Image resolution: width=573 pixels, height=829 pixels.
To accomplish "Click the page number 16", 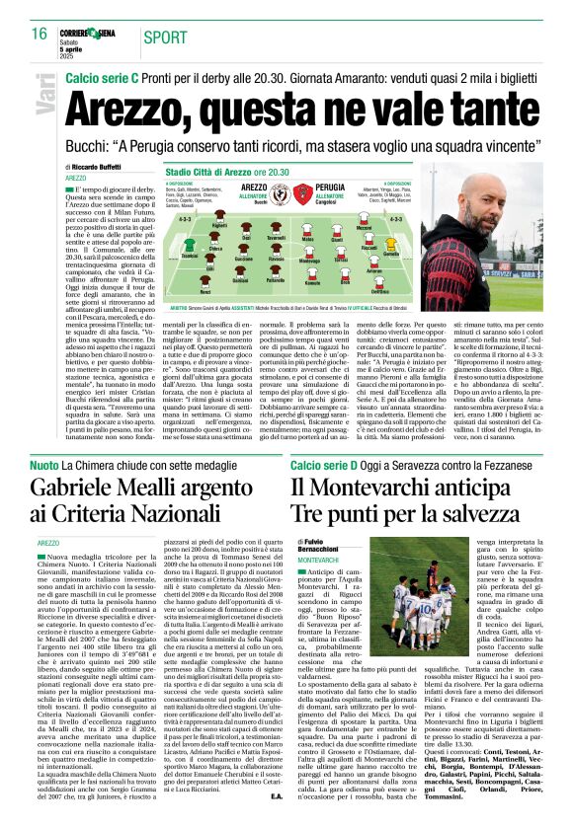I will point(39,33).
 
